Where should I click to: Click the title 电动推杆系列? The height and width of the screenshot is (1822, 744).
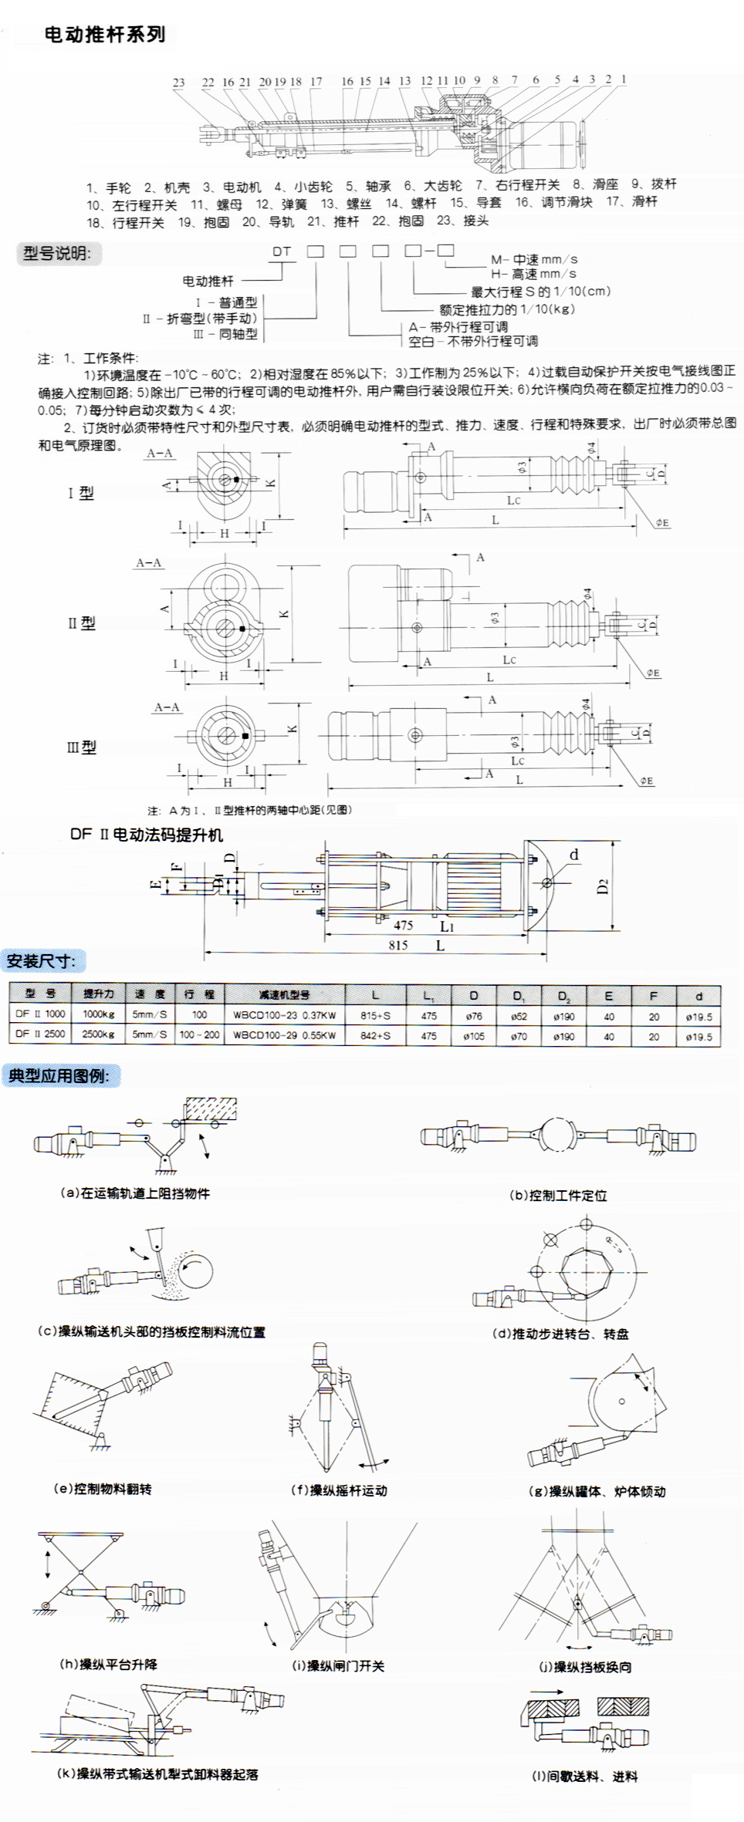pyautogui.click(x=105, y=35)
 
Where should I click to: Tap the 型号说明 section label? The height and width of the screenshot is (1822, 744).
pyautogui.click(x=57, y=253)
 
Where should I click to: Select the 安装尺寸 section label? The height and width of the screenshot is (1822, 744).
pyautogui.click(x=42, y=961)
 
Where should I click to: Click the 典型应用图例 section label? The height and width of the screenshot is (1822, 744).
pyautogui.click(x=59, y=1075)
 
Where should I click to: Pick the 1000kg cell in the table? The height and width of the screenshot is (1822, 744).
pyautogui.click(x=99, y=1014)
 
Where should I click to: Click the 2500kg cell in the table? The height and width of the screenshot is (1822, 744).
pyautogui.click(x=99, y=1034)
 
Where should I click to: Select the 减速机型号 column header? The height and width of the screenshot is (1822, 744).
pyautogui.click(x=284, y=994)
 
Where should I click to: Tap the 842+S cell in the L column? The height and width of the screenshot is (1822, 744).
pyautogui.click(x=375, y=1036)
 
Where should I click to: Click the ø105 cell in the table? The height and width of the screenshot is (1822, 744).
pyautogui.click(x=474, y=1036)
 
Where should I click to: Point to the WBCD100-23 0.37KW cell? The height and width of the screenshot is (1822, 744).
pyautogui.click(x=284, y=1015)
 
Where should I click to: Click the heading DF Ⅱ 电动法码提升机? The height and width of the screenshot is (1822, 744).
pyautogui.click(x=147, y=835)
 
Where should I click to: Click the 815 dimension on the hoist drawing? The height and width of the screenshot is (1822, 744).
pyautogui.click(x=398, y=945)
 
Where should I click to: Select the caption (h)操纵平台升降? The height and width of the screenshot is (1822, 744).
pyautogui.click(x=108, y=1664)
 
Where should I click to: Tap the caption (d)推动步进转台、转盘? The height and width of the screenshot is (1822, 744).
pyautogui.click(x=560, y=1334)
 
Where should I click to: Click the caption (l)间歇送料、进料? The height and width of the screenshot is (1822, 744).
pyautogui.click(x=584, y=1776)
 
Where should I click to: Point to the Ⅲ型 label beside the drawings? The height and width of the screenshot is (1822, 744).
pyautogui.click(x=81, y=747)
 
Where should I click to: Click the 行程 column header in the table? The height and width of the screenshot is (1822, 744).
pyautogui.click(x=199, y=994)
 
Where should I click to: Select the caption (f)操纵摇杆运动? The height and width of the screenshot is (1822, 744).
pyautogui.click(x=339, y=1490)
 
